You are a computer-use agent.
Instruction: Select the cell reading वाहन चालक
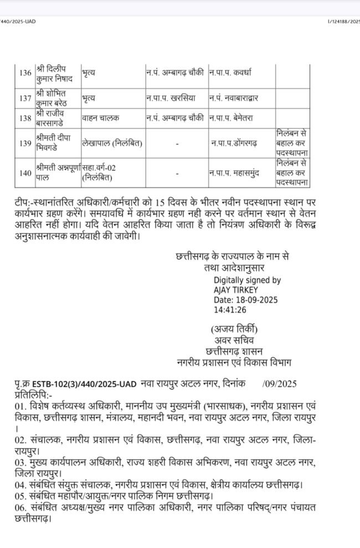[x=101, y=118]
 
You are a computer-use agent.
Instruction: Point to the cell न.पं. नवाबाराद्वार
[x=234, y=98]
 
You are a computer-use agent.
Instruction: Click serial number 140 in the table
[x=25, y=173]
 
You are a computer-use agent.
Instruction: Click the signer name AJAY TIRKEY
[x=236, y=290]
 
